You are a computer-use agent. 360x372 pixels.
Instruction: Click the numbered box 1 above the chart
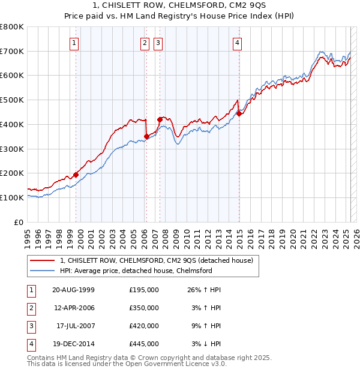73,43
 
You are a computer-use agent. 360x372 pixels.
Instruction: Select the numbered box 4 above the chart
238,43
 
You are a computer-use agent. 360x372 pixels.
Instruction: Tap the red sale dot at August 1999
76,175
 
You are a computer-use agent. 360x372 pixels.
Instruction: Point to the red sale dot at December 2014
239,113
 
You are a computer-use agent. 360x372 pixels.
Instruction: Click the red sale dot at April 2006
147,137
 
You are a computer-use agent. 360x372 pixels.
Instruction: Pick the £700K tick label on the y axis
12,51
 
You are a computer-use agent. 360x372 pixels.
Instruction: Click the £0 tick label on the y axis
19,222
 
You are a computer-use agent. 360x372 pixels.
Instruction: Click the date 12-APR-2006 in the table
73,308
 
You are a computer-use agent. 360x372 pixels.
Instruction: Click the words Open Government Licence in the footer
166,364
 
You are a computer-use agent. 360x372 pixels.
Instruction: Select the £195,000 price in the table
143,290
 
